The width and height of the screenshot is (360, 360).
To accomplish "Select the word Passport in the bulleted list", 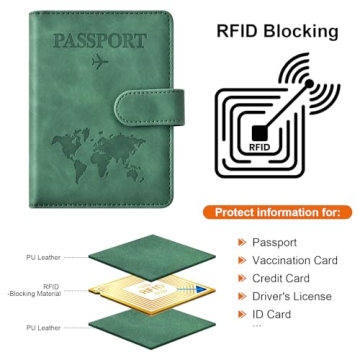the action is pos(274,242).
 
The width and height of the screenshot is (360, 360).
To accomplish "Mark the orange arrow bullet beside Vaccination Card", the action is pos(240,260).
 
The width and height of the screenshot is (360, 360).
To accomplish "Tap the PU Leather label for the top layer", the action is pos(41,257).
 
